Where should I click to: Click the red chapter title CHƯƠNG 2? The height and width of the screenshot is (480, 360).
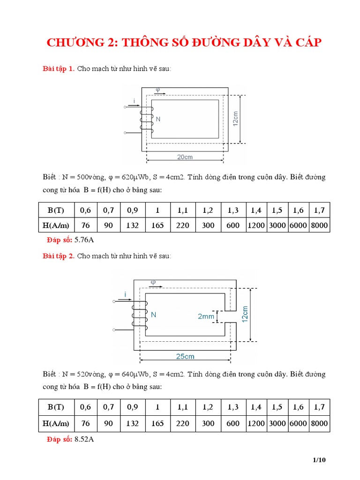click(x=184, y=43)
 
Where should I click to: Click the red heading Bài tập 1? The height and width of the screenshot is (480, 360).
click(x=59, y=69)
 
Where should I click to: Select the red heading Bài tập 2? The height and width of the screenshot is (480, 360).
click(x=59, y=256)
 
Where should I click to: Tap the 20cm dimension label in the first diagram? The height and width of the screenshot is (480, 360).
click(x=185, y=157)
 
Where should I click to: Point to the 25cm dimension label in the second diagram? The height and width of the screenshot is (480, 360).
click(x=185, y=356)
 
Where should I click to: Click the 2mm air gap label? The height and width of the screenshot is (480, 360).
click(x=206, y=316)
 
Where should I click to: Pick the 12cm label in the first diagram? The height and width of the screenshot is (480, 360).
click(x=236, y=119)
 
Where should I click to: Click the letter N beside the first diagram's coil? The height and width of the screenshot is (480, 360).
click(x=158, y=119)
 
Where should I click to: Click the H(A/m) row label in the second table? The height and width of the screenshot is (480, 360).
click(x=56, y=423)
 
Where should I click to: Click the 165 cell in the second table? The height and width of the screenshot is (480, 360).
click(x=157, y=423)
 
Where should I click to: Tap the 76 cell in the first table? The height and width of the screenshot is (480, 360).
click(x=85, y=225)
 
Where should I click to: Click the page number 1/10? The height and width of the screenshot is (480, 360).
click(x=319, y=460)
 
